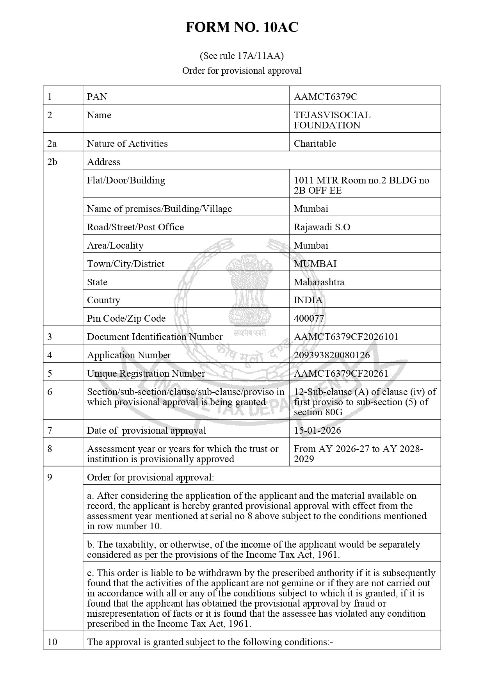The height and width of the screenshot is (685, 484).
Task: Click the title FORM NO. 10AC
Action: pyautogui.click(x=242, y=27)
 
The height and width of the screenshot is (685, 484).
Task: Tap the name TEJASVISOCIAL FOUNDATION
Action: pyautogui.click(x=332, y=120)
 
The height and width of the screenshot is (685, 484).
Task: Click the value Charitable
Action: pyautogui.click(x=315, y=143)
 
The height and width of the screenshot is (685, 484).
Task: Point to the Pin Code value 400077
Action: pyautogui.click(x=309, y=318)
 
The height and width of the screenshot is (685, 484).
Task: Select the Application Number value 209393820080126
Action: pyautogui.click(x=332, y=355)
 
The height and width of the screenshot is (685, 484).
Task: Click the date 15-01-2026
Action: pyautogui.click(x=317, y=430)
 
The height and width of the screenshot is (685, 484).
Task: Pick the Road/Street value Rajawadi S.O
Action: pyautogui.click(x=322, y=227)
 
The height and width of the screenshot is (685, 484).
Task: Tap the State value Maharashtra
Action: pyautogui.click(x=319, y=282)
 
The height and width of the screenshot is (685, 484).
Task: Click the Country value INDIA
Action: pyautogui.click(x=308, y=300)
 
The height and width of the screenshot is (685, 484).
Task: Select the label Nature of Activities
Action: pyautogui.click(x=127, y=143)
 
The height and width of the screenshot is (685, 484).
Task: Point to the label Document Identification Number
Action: pyautogui.click(x=155, y=336)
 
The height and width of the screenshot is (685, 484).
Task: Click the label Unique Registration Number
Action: pyautogui.click(x=146, y=373)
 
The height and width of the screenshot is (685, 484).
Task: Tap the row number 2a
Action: pyautogui.click(x=52, y=143)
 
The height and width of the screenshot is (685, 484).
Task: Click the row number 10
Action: pyautogui.click(x=52, y=642)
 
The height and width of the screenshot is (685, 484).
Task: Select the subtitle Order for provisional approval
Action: pyautogui.click(x=242, y=71)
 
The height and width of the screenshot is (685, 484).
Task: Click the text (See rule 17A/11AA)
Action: pyautogui.click(x=242, y=56)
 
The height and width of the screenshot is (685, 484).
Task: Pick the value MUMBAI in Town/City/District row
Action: pyautogui.click(x=315, y=263)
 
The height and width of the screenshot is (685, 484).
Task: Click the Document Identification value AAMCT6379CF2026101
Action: pyautogui.click(x=346, y=336)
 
